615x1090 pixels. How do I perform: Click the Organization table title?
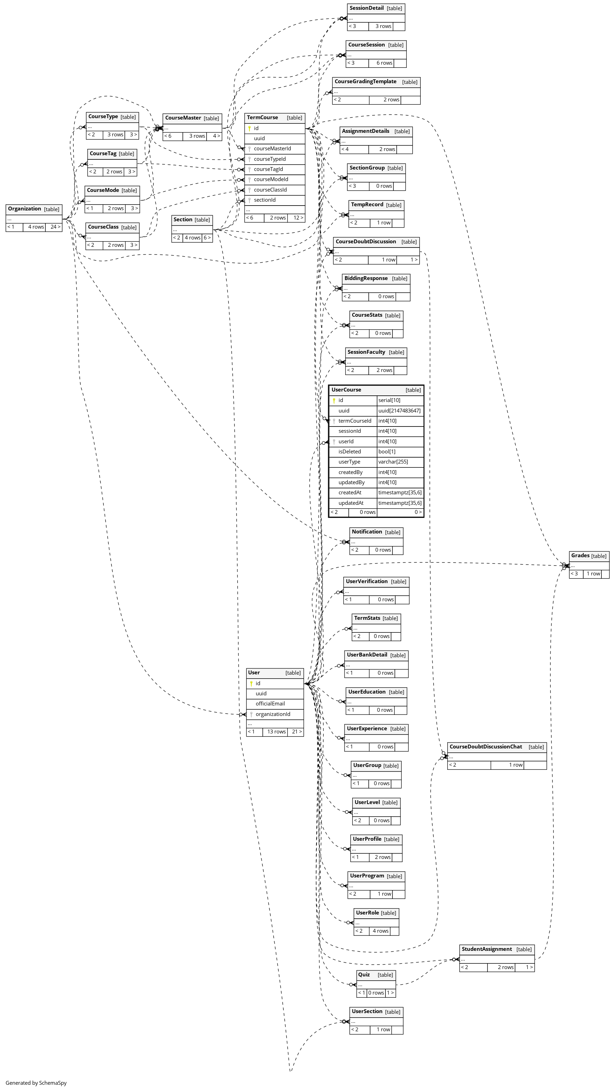[24, 209]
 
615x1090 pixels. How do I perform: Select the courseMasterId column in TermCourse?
[273, 149]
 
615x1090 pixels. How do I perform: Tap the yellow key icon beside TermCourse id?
[249, 128]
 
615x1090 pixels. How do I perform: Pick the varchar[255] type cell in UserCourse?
[393, 462]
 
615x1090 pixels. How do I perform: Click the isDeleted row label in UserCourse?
[349, 452]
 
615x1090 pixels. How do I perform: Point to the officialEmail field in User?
[270, 704]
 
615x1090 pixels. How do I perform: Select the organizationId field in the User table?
[273, 714]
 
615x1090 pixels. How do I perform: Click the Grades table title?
[580, 555]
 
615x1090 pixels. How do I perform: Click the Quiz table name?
[364, 975]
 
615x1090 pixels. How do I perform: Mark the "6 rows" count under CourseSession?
[384, 63]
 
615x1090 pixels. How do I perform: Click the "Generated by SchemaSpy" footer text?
[36, 1083]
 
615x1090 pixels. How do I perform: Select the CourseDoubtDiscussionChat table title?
[486, 746]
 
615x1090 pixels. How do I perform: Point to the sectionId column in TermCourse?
[265, 200]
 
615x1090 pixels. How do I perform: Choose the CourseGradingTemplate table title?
[366, 81]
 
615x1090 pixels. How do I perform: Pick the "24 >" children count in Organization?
[56, 227]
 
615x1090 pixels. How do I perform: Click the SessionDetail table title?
[366, 8]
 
